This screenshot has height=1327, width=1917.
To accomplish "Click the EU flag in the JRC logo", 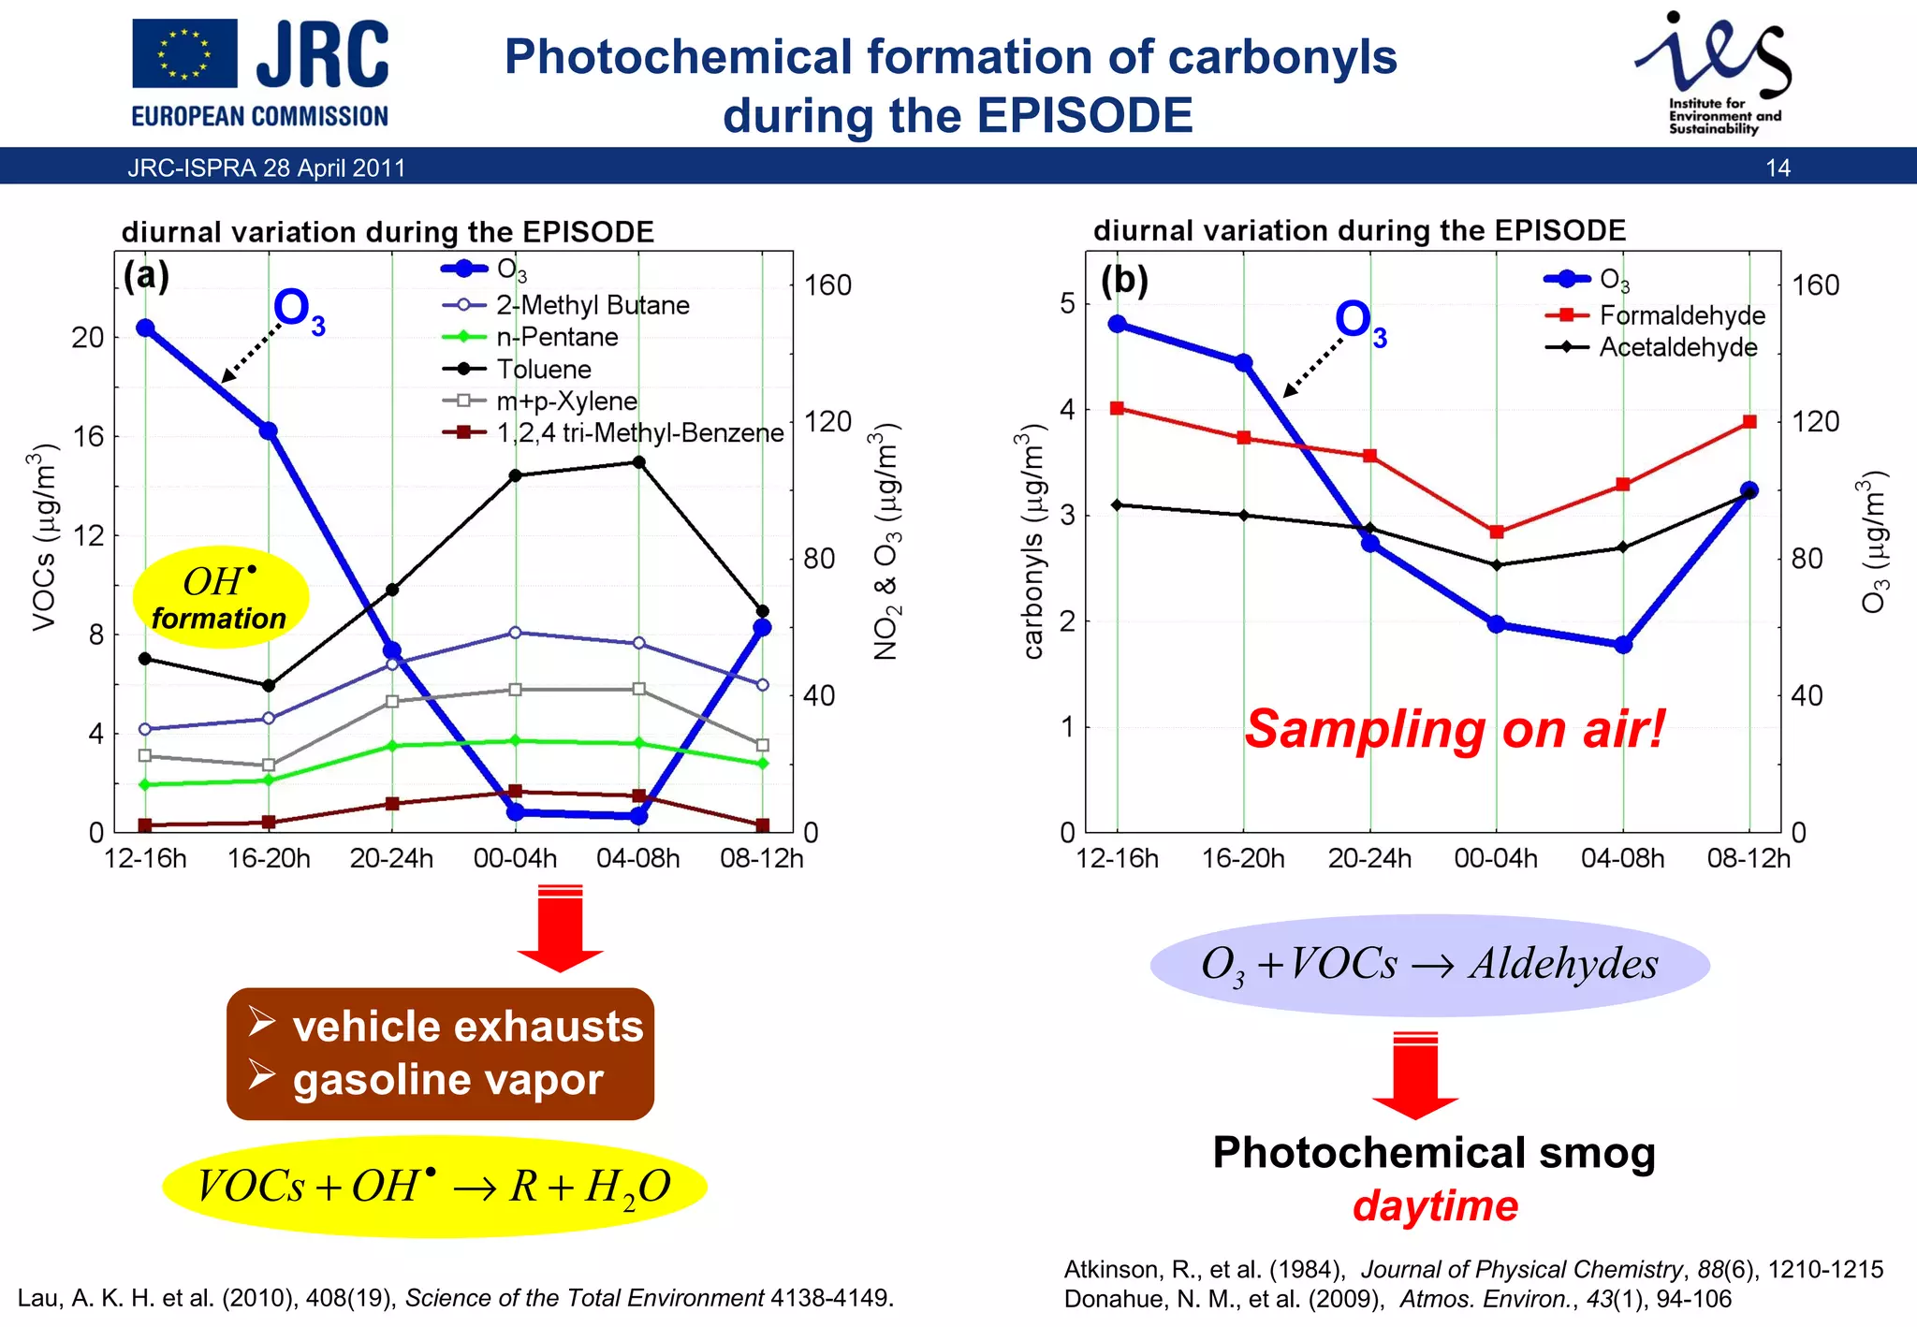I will coord(184,53).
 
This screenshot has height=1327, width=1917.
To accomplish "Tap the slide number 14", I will coord(1778,168).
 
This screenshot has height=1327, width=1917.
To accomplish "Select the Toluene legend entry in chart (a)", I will coord(543,370).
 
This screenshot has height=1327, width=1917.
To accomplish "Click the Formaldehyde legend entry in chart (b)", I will coord(1681,315).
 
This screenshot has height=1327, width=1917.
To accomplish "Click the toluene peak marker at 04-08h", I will coord(638,462).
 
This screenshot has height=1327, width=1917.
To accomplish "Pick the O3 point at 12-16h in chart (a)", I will coord(145,328).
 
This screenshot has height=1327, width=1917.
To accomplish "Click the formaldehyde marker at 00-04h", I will coord(1496,532).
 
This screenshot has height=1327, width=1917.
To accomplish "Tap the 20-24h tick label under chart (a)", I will coord(391,859).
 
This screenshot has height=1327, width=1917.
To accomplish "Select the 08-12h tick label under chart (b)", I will coord(1748,859).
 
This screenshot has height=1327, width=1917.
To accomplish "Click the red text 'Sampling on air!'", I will coord(1455,729).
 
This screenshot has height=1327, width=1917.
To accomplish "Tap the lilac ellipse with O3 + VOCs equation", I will coord(1429,965).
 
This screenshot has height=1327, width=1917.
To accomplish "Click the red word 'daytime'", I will coord(1435,1206).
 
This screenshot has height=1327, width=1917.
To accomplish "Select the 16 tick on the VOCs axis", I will coord(88,437).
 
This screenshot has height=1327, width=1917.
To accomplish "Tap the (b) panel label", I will coord(1123,280).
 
